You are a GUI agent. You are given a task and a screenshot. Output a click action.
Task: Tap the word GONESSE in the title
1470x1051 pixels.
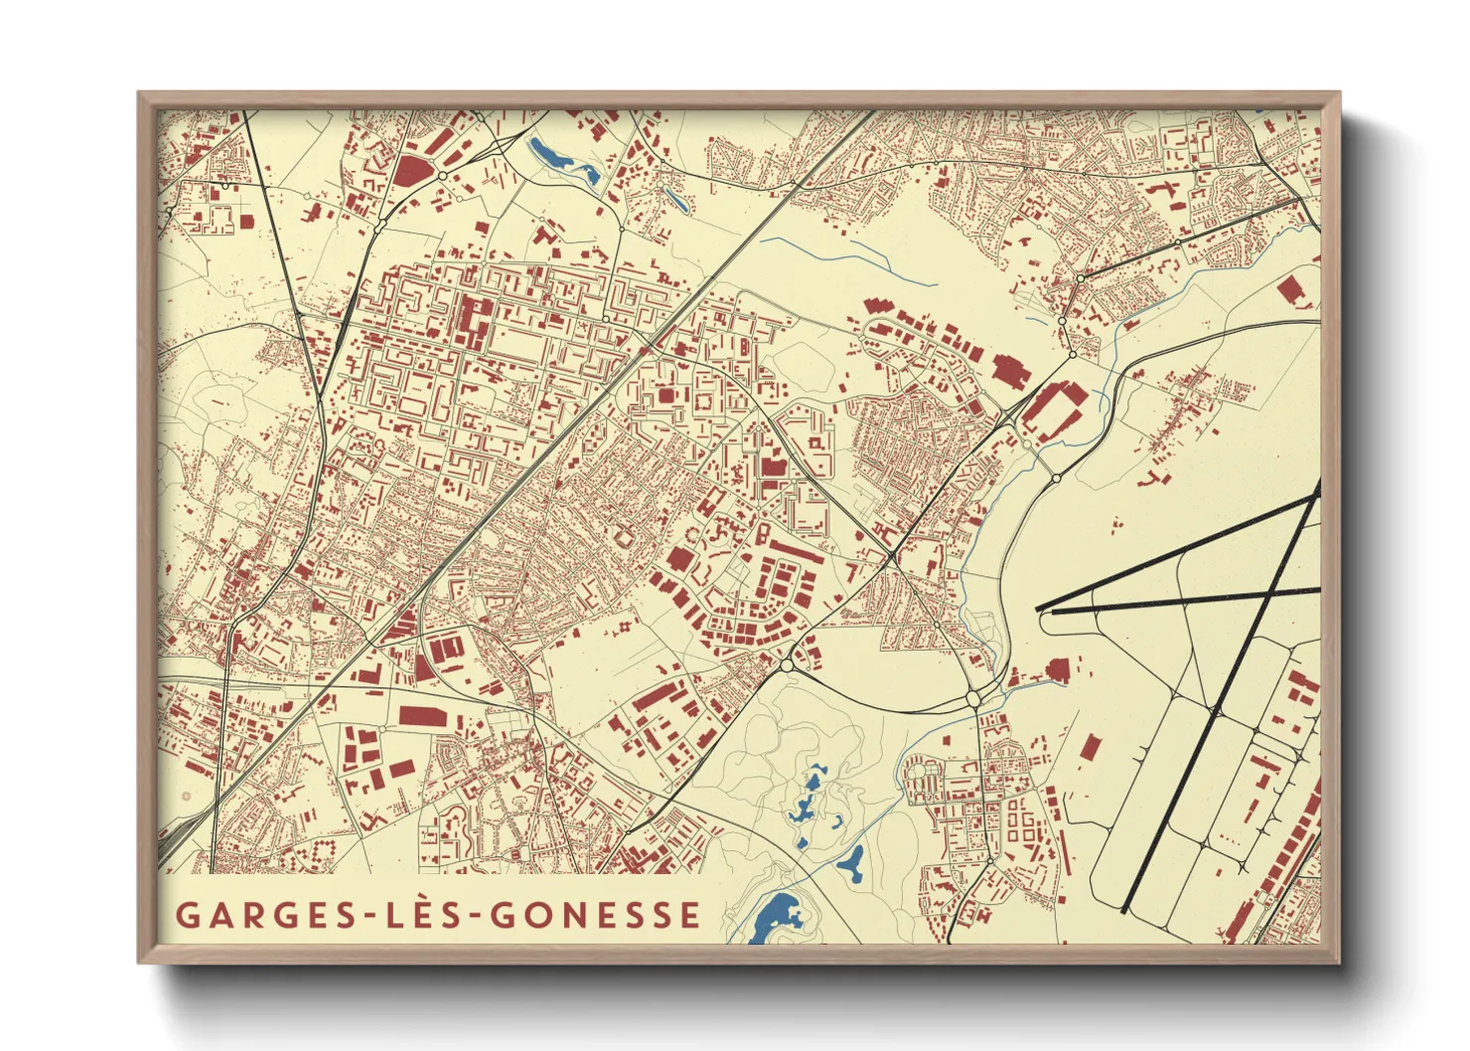pos(596,914)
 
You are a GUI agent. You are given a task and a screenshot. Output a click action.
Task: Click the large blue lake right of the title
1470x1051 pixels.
pos(776,916)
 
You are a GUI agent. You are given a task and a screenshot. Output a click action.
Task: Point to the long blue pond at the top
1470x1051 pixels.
pos(562,162)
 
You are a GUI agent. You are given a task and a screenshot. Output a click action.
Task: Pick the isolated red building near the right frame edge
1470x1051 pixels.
pos(1290,290)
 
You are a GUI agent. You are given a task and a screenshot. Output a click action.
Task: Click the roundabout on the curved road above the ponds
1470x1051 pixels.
pos(973,699)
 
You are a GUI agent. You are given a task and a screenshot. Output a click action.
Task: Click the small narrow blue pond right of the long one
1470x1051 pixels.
pos(676,200)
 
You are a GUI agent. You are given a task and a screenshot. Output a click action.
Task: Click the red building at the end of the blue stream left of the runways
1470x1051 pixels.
pos(1057,671)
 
